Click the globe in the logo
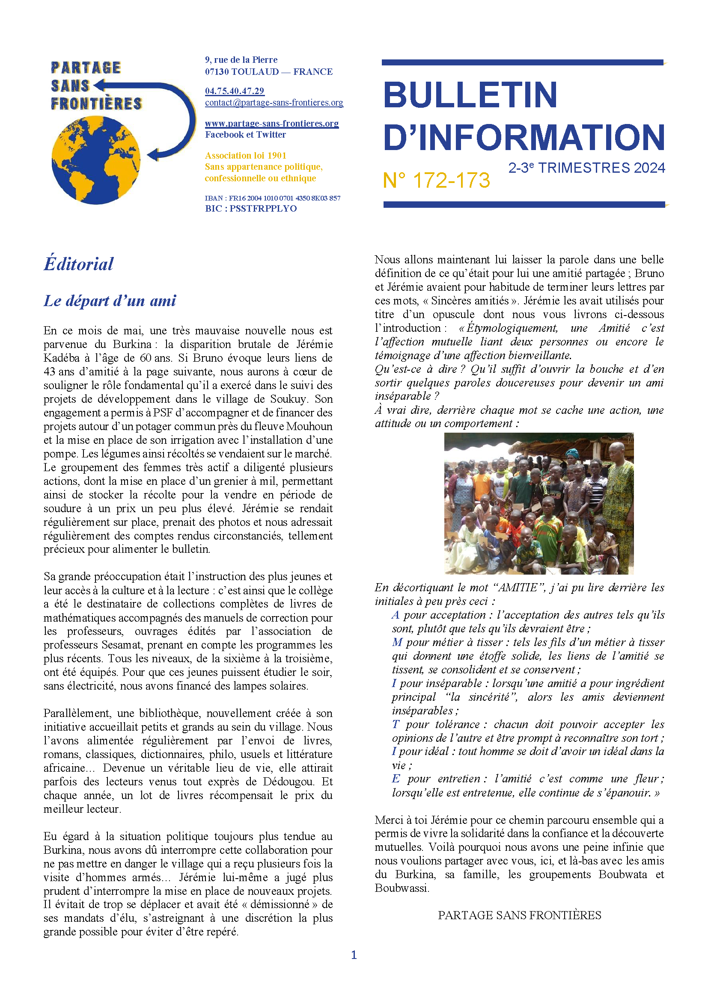coord(96,160)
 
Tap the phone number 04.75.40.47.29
coord(235,91)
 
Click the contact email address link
coord(274,103)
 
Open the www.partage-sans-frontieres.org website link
coord(272,124)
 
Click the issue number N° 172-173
coord(436,180)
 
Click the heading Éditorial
coord(78,264)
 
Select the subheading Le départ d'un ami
coord(110,301)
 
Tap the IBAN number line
coord(273,198)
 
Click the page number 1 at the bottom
coord(354,955)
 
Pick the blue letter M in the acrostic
coord(397,643)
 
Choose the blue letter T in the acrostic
coord(395,724)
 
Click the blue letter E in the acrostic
coord(396,779)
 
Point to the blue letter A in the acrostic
coord(396,615)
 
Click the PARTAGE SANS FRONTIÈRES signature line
coord(519,915)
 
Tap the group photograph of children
coord(538,504)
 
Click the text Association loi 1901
coord(245,156)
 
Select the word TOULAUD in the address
coord(255,72)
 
